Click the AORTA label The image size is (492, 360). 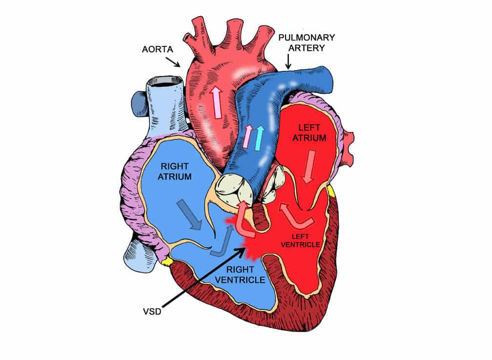[158, 50]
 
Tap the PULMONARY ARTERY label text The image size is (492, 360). [307, 42]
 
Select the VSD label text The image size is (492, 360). [152, 311]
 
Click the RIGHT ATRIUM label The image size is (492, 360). [174, 171]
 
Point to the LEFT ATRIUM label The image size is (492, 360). [309, 133]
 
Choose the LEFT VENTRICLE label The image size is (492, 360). [300, 240]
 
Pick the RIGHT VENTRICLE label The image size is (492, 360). [240, 274]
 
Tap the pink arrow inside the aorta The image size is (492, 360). [216, 102]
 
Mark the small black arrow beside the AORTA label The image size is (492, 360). [173, 62]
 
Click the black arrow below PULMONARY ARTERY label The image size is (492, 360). [288, 61]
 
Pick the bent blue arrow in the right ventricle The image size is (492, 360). [223, 240]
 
